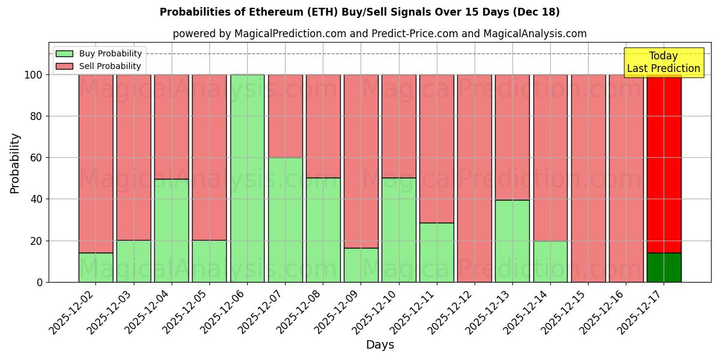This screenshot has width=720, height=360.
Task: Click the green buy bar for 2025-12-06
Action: [x=247, y=178]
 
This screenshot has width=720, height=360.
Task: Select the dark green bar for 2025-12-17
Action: [x=664, y=268]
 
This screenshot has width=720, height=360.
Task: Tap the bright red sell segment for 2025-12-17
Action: [x=664, y=163]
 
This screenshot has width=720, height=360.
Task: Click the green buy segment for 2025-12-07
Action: [x=285, y=220]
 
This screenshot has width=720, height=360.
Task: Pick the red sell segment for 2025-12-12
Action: [x=474, y=178]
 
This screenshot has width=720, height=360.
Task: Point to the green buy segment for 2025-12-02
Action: [x=96, y=268]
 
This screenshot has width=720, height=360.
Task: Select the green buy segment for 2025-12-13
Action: [x=512, y=241]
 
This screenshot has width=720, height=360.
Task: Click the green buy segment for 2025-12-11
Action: [x=436, y=252]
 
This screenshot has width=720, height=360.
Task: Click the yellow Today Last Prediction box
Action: [x=663, y=62]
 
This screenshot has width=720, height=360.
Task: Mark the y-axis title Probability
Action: [x=15, y=163]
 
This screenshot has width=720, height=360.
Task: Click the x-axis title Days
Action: [x=380, y=345]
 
